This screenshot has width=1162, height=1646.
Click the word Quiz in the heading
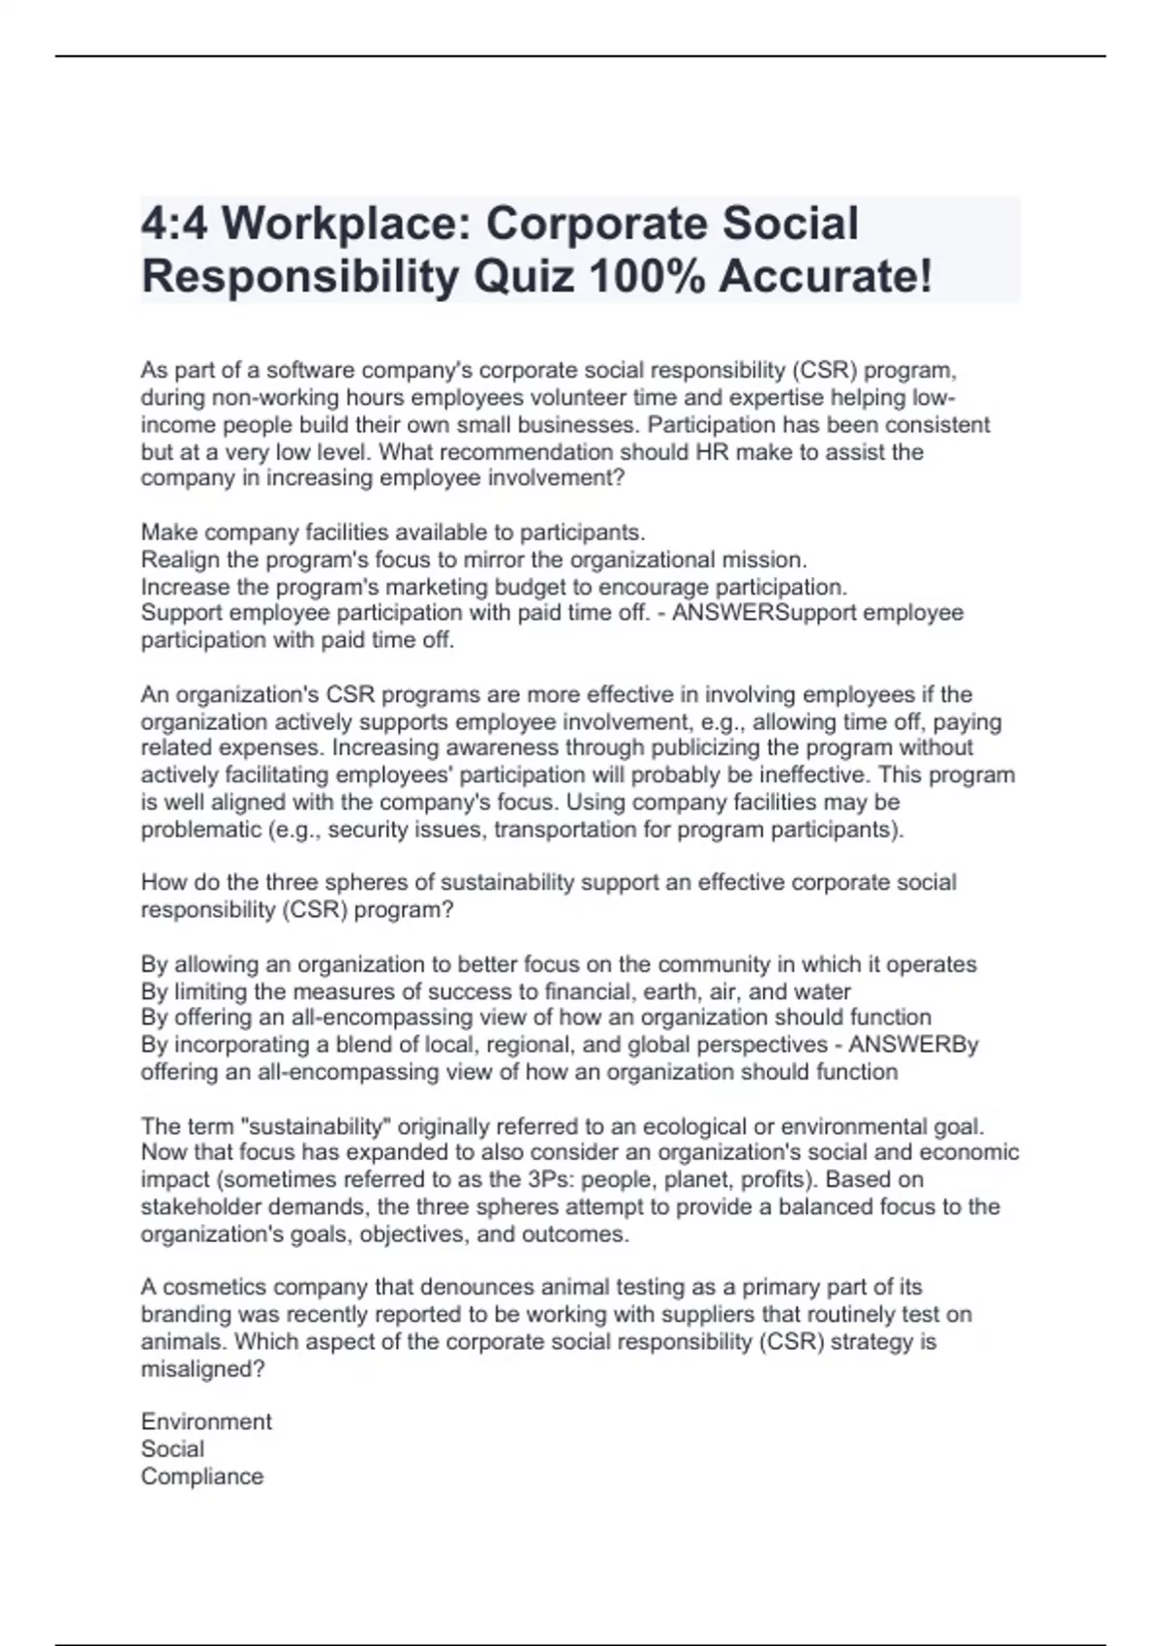click(x=523, y=277)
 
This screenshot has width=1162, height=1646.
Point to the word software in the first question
click(x=309, y=371)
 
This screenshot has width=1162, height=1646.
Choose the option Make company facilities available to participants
click(x=392, y=533)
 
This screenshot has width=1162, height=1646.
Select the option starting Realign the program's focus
click(x=474, y=560)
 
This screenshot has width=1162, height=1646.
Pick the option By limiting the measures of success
click(x=495, y=991)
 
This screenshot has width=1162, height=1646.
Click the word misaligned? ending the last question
click(x=202, y=1369)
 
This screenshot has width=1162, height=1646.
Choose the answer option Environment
click(x=206, y=1421)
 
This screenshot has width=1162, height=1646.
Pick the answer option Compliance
click(x=201, y=1477)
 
